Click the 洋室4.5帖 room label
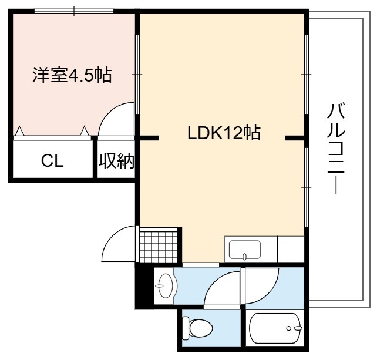coord(72,75)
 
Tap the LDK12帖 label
coord(224,133)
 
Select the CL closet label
coord(52,161)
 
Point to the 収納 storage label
coord(116,161)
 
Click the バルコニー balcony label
coord(336,149)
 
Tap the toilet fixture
coord(197,328)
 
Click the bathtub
coord(276,328)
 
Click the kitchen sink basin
coord(244,250)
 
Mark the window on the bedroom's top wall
coord(74,11)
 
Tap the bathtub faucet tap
coord(298,328)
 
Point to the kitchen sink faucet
coord(244,257)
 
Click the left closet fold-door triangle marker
coord(20,131)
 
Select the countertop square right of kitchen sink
coord(291,249)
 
